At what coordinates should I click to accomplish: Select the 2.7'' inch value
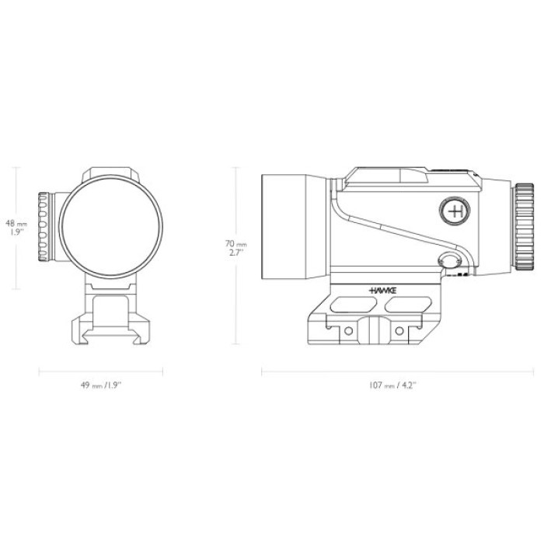coord(236,253)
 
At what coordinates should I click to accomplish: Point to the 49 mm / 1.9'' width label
coord(101,384)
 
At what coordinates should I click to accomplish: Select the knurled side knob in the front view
coord(47,226)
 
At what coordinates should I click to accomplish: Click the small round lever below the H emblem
coord(448,263)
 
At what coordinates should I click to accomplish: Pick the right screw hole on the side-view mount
coord(399,332)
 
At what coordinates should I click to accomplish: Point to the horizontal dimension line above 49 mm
coord(101,371)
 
